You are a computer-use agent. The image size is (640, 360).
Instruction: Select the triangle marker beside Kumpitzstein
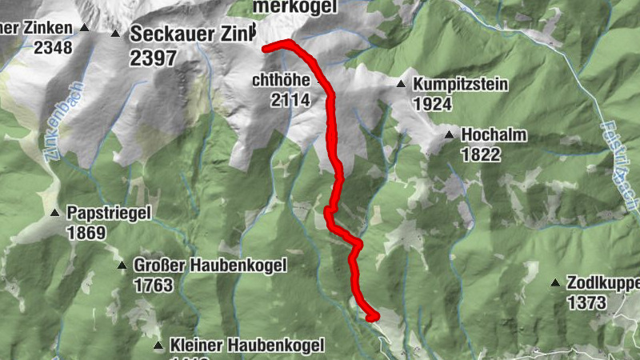[x=401, y=84]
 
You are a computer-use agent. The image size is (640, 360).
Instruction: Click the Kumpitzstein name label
[x=461, y=84]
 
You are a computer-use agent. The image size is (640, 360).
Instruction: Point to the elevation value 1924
[x=433, y=103]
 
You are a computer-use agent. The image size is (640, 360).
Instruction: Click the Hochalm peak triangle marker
[x=450, y=134]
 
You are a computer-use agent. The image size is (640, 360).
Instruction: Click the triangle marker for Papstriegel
[x=54, y=213]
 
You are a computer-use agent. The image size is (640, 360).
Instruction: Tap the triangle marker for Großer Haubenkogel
[x=122, y=266]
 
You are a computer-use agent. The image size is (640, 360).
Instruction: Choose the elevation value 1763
[x=154, y=285]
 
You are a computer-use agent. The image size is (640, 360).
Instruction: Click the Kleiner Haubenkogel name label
[x=246, y=346]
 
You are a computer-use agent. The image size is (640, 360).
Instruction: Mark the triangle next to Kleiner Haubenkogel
[x=158, y=346]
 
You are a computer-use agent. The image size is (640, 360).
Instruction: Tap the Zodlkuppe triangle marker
[x=554, y=283]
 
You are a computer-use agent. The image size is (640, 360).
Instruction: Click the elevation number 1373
[x=586, y=302]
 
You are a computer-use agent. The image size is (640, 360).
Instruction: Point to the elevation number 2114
[x=290, y=100]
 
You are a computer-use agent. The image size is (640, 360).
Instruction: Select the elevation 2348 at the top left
[x=53, y=47]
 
